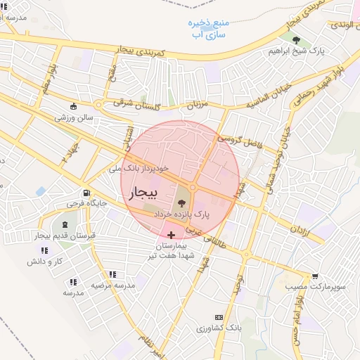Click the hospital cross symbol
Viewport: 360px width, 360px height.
[x=171, y=233]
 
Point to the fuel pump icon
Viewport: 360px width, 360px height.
[x=86, y=193]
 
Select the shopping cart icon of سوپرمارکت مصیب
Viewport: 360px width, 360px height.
[x=314, y=276]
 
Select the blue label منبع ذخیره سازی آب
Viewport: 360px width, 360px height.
[x=209, y=28]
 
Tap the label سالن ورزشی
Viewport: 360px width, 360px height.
[x=74, y=117]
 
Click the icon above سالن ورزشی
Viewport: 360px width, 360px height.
[x=74, y=107]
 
